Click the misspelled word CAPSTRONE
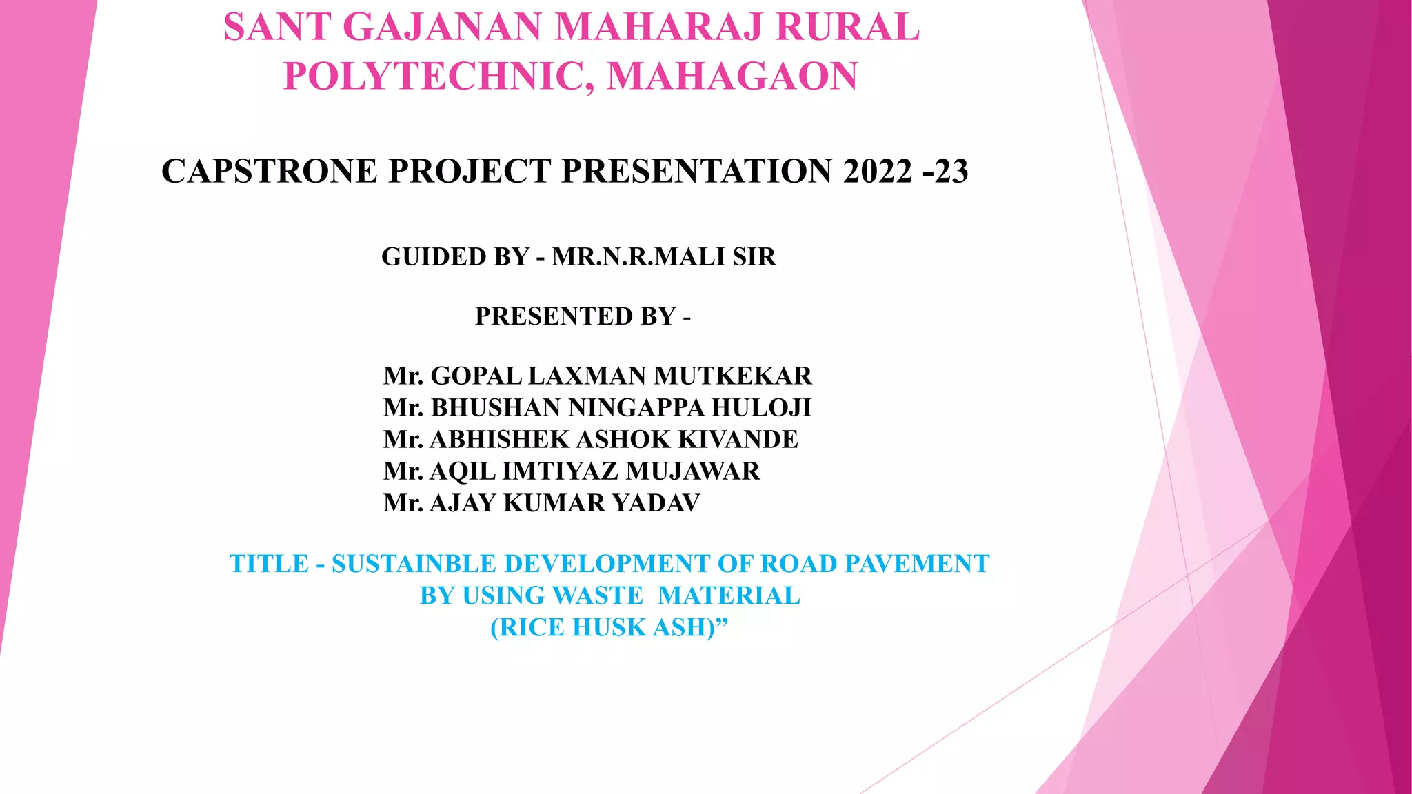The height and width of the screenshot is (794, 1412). tap(269, 172)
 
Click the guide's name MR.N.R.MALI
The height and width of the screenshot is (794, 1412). tap(638, 257)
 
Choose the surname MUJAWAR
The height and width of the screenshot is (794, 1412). tap(693, 471)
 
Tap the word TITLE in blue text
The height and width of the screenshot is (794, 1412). tap(269, 564)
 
